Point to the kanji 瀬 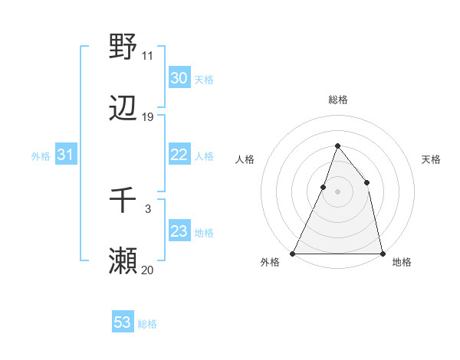(123, 261)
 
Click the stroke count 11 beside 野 (148, 55)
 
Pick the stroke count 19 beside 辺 (148, 117)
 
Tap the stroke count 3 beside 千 (148, 208)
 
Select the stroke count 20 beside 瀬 (148, 270)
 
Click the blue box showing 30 (179, 78)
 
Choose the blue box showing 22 (179, 155)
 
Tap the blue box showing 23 (179, 231)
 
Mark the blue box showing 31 (65, 155)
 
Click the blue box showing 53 (122, 322)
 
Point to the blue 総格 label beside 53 (147, 324)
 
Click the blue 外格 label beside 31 (41, 156)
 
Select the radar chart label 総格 (337, 100)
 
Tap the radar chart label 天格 (431, 159)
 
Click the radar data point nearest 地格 (382, 253)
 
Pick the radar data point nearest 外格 (293, 253)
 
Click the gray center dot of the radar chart (337, 191)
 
